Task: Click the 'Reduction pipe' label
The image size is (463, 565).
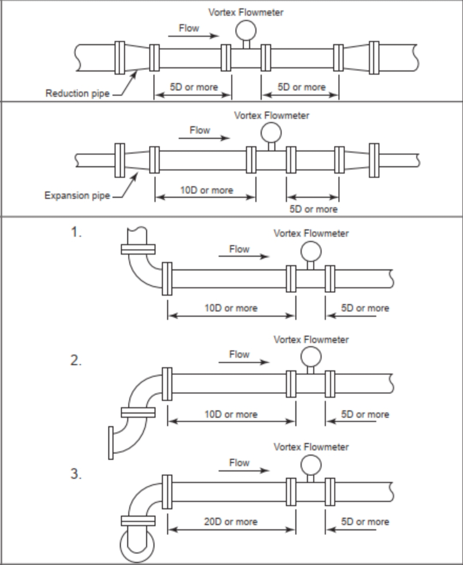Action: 77,93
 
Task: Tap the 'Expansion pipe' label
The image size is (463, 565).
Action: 77,195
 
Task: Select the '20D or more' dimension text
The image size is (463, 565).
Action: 231,522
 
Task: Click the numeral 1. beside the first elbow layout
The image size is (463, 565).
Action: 76,232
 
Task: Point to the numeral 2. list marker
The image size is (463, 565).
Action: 76,360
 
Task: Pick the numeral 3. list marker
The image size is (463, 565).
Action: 76,474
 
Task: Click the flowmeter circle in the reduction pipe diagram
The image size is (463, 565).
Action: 246,30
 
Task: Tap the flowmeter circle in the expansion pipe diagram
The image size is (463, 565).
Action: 271,132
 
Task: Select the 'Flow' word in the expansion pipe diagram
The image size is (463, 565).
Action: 200,130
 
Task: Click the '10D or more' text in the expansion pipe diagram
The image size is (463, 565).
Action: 206,190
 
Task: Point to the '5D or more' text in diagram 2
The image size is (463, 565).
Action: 365,415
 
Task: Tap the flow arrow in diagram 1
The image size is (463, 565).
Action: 244,257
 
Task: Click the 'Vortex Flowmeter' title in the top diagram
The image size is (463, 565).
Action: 246,12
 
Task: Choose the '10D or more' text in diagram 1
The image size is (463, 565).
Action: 231,308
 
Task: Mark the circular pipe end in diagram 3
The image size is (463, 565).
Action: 137,545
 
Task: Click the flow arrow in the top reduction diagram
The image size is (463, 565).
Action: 193,36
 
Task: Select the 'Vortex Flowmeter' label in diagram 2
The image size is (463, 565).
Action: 311,340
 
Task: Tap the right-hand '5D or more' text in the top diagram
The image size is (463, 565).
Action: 302,87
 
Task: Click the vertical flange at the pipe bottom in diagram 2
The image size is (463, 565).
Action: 111,443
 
